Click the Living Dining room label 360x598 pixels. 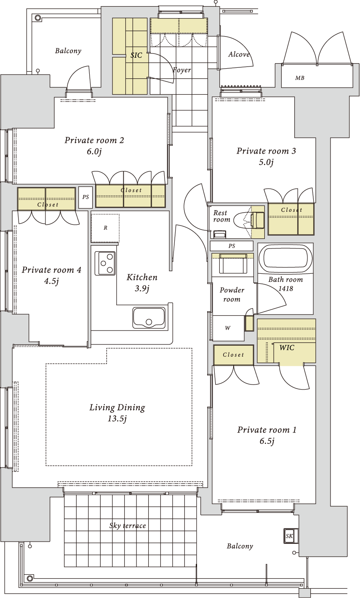[117, 407]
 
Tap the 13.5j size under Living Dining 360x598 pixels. [117, 419]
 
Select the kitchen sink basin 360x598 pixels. [149, 318]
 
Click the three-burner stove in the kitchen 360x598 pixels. [105, 263]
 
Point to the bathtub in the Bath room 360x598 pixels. [285, 258]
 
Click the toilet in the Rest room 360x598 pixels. [248, 220]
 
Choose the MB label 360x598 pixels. [299, 78]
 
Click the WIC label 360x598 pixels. [287, 347]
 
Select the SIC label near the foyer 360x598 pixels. [136, 55]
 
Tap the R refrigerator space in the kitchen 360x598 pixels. [105, 228]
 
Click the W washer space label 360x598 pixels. [227, 328]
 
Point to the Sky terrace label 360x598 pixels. [128, 526]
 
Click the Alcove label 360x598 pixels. [239, 54]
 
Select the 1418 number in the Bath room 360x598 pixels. [285, 288]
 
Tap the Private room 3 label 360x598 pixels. [266, 151]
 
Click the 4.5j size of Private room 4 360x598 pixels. [51, 281]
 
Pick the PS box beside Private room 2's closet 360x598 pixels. [85, 197]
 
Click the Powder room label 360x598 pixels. [232, 295]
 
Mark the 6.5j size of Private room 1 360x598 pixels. [267, 441]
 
